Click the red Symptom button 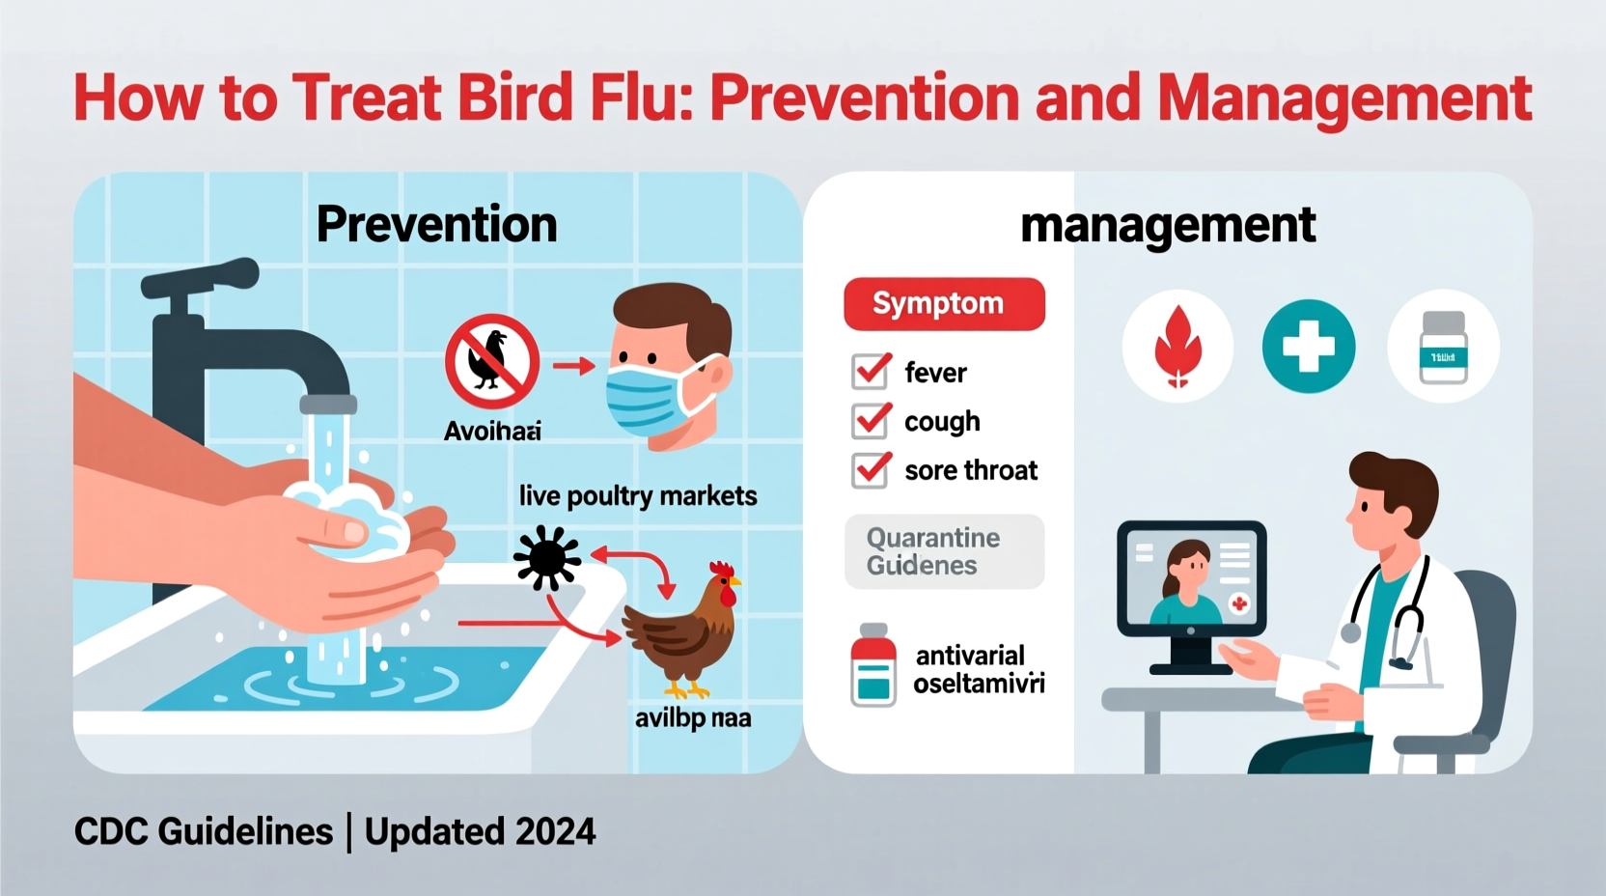click(x=944, y=304)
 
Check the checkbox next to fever click(x=871, y=372)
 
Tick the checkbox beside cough click(x=871, y=421)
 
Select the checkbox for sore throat click(x=871, y=470)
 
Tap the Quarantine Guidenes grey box click(x=944, y=551)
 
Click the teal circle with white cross click(x=1308, y=347)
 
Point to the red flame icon click(x=1177, y=347)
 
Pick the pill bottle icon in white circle click(x=1443, y=348)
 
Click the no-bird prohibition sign click(x=492, y=361)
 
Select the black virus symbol click(x=546, y=557)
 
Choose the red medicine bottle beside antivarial click(x=872, y=666)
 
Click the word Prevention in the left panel click(x=436, y=225)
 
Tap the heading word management click(x=1168, y=226)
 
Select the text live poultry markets click(x=637, y=496)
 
